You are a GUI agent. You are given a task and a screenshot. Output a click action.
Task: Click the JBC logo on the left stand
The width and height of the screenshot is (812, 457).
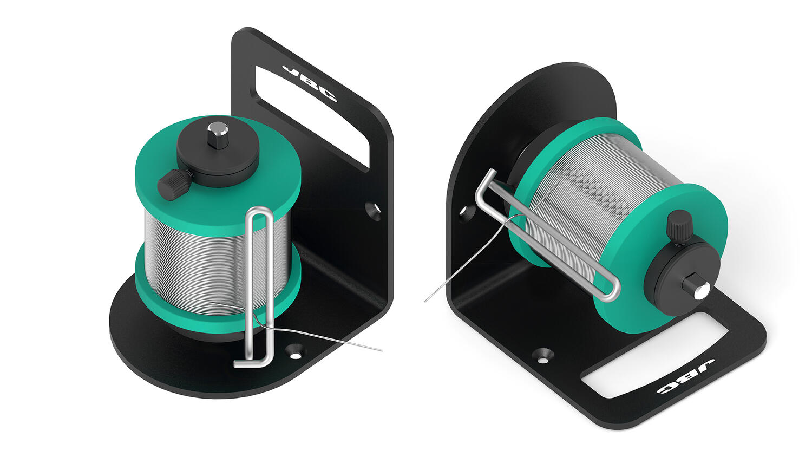tap(309, 83)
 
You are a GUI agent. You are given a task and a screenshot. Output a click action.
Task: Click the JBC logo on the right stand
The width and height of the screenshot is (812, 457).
tap(685, 377)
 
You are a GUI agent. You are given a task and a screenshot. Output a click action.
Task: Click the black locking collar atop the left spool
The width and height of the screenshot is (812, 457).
tap(218, 154)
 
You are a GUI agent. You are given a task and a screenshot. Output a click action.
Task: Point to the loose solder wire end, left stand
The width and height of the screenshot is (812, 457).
tap(382, 351)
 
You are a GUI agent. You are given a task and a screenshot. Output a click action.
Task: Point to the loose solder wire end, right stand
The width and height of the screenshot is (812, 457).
tap(425, 302)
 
